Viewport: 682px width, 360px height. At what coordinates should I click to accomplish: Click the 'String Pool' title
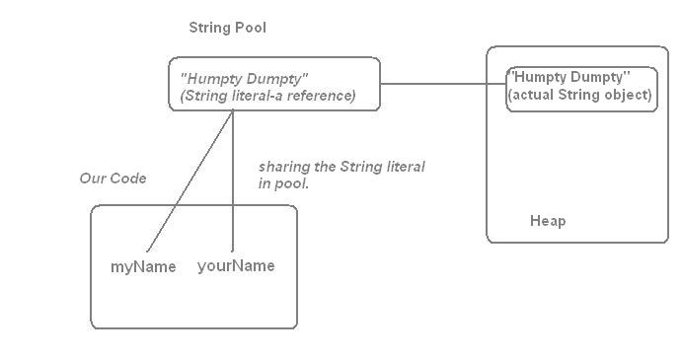[227, 28]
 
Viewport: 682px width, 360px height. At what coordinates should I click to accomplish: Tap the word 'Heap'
[548, 221]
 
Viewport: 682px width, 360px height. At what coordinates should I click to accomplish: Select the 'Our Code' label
[113, 179]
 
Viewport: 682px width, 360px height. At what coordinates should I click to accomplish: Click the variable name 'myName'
[143, 266]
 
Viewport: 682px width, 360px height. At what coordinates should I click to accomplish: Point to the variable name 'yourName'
[236, 265]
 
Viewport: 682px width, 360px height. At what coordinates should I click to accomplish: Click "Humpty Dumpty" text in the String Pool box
[244, 78]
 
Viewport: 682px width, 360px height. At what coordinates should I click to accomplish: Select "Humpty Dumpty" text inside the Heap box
[568, 77]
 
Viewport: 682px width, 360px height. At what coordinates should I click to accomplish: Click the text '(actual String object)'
[579, 96]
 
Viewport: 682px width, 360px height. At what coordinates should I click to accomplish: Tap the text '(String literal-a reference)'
[267, 96]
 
